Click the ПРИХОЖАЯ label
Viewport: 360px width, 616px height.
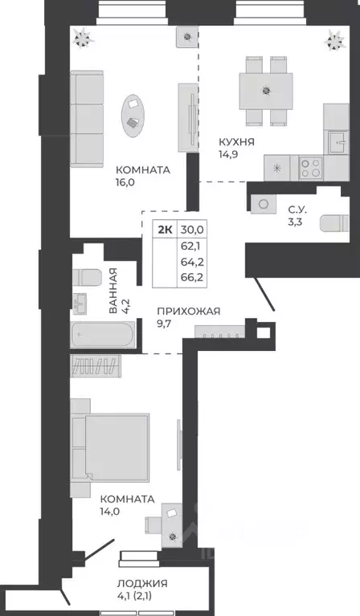pyautogui.click(x=189, y=312)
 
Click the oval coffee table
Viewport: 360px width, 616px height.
pyautogui.click(x=133, y=112)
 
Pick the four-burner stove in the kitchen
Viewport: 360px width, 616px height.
pyautogui.click(x=310, y=167)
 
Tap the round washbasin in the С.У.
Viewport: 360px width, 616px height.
pyautogui.click(x=262, y=204)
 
